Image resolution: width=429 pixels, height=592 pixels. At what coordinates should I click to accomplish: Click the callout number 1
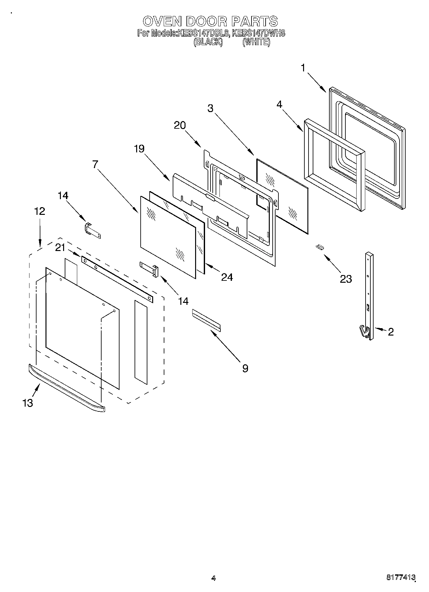click(303, 68)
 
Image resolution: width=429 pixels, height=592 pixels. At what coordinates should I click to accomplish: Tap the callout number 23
click(346, 279)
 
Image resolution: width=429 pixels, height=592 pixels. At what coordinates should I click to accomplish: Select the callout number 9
click(245, 368)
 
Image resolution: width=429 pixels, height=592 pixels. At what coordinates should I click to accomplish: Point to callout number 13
click(28, 403)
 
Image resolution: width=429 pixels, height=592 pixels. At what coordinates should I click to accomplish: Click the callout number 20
click(180, 125)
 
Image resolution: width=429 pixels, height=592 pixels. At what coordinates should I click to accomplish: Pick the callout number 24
click(227, 277)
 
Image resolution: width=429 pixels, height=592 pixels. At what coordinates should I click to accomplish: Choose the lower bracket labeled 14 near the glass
click(149, 268)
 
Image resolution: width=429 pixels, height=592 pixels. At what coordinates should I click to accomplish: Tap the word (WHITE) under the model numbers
click(256, 42)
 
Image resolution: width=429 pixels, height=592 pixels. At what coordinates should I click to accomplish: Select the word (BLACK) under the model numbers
click(208, 42)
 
